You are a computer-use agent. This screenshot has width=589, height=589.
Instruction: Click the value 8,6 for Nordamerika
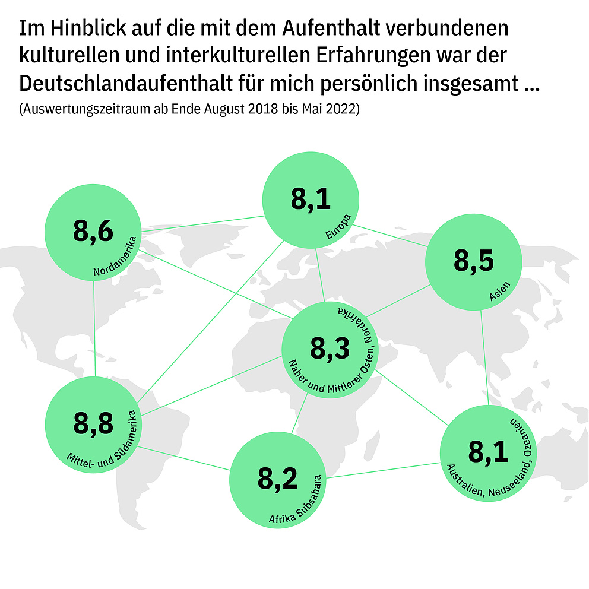coord(93,231)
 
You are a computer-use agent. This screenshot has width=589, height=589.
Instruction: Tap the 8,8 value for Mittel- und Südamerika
coord(93,424)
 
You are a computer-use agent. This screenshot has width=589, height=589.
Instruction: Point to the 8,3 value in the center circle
coord(330,349)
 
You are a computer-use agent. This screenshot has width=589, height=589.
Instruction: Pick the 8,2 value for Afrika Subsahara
coord(278,479)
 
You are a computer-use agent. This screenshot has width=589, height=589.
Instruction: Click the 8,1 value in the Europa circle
coord(311,199)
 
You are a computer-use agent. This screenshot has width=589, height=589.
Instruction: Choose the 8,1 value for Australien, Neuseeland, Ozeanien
coord(488,452)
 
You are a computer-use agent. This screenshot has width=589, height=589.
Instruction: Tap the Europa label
coord(339,227)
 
